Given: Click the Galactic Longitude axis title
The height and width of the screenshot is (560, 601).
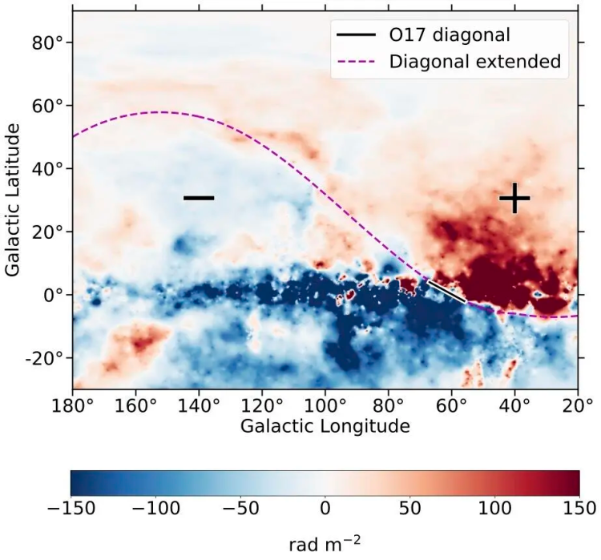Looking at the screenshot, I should (325, 425).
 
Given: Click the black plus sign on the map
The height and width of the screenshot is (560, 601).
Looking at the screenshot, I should (514, 198).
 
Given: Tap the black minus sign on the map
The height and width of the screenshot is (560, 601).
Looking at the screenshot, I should (199, 197).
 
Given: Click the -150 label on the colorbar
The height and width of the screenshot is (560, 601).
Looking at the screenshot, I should (71, 508).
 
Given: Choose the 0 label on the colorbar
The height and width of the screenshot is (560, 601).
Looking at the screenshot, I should (325, 508).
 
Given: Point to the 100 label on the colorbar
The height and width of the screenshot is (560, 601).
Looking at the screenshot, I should (494, 508).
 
